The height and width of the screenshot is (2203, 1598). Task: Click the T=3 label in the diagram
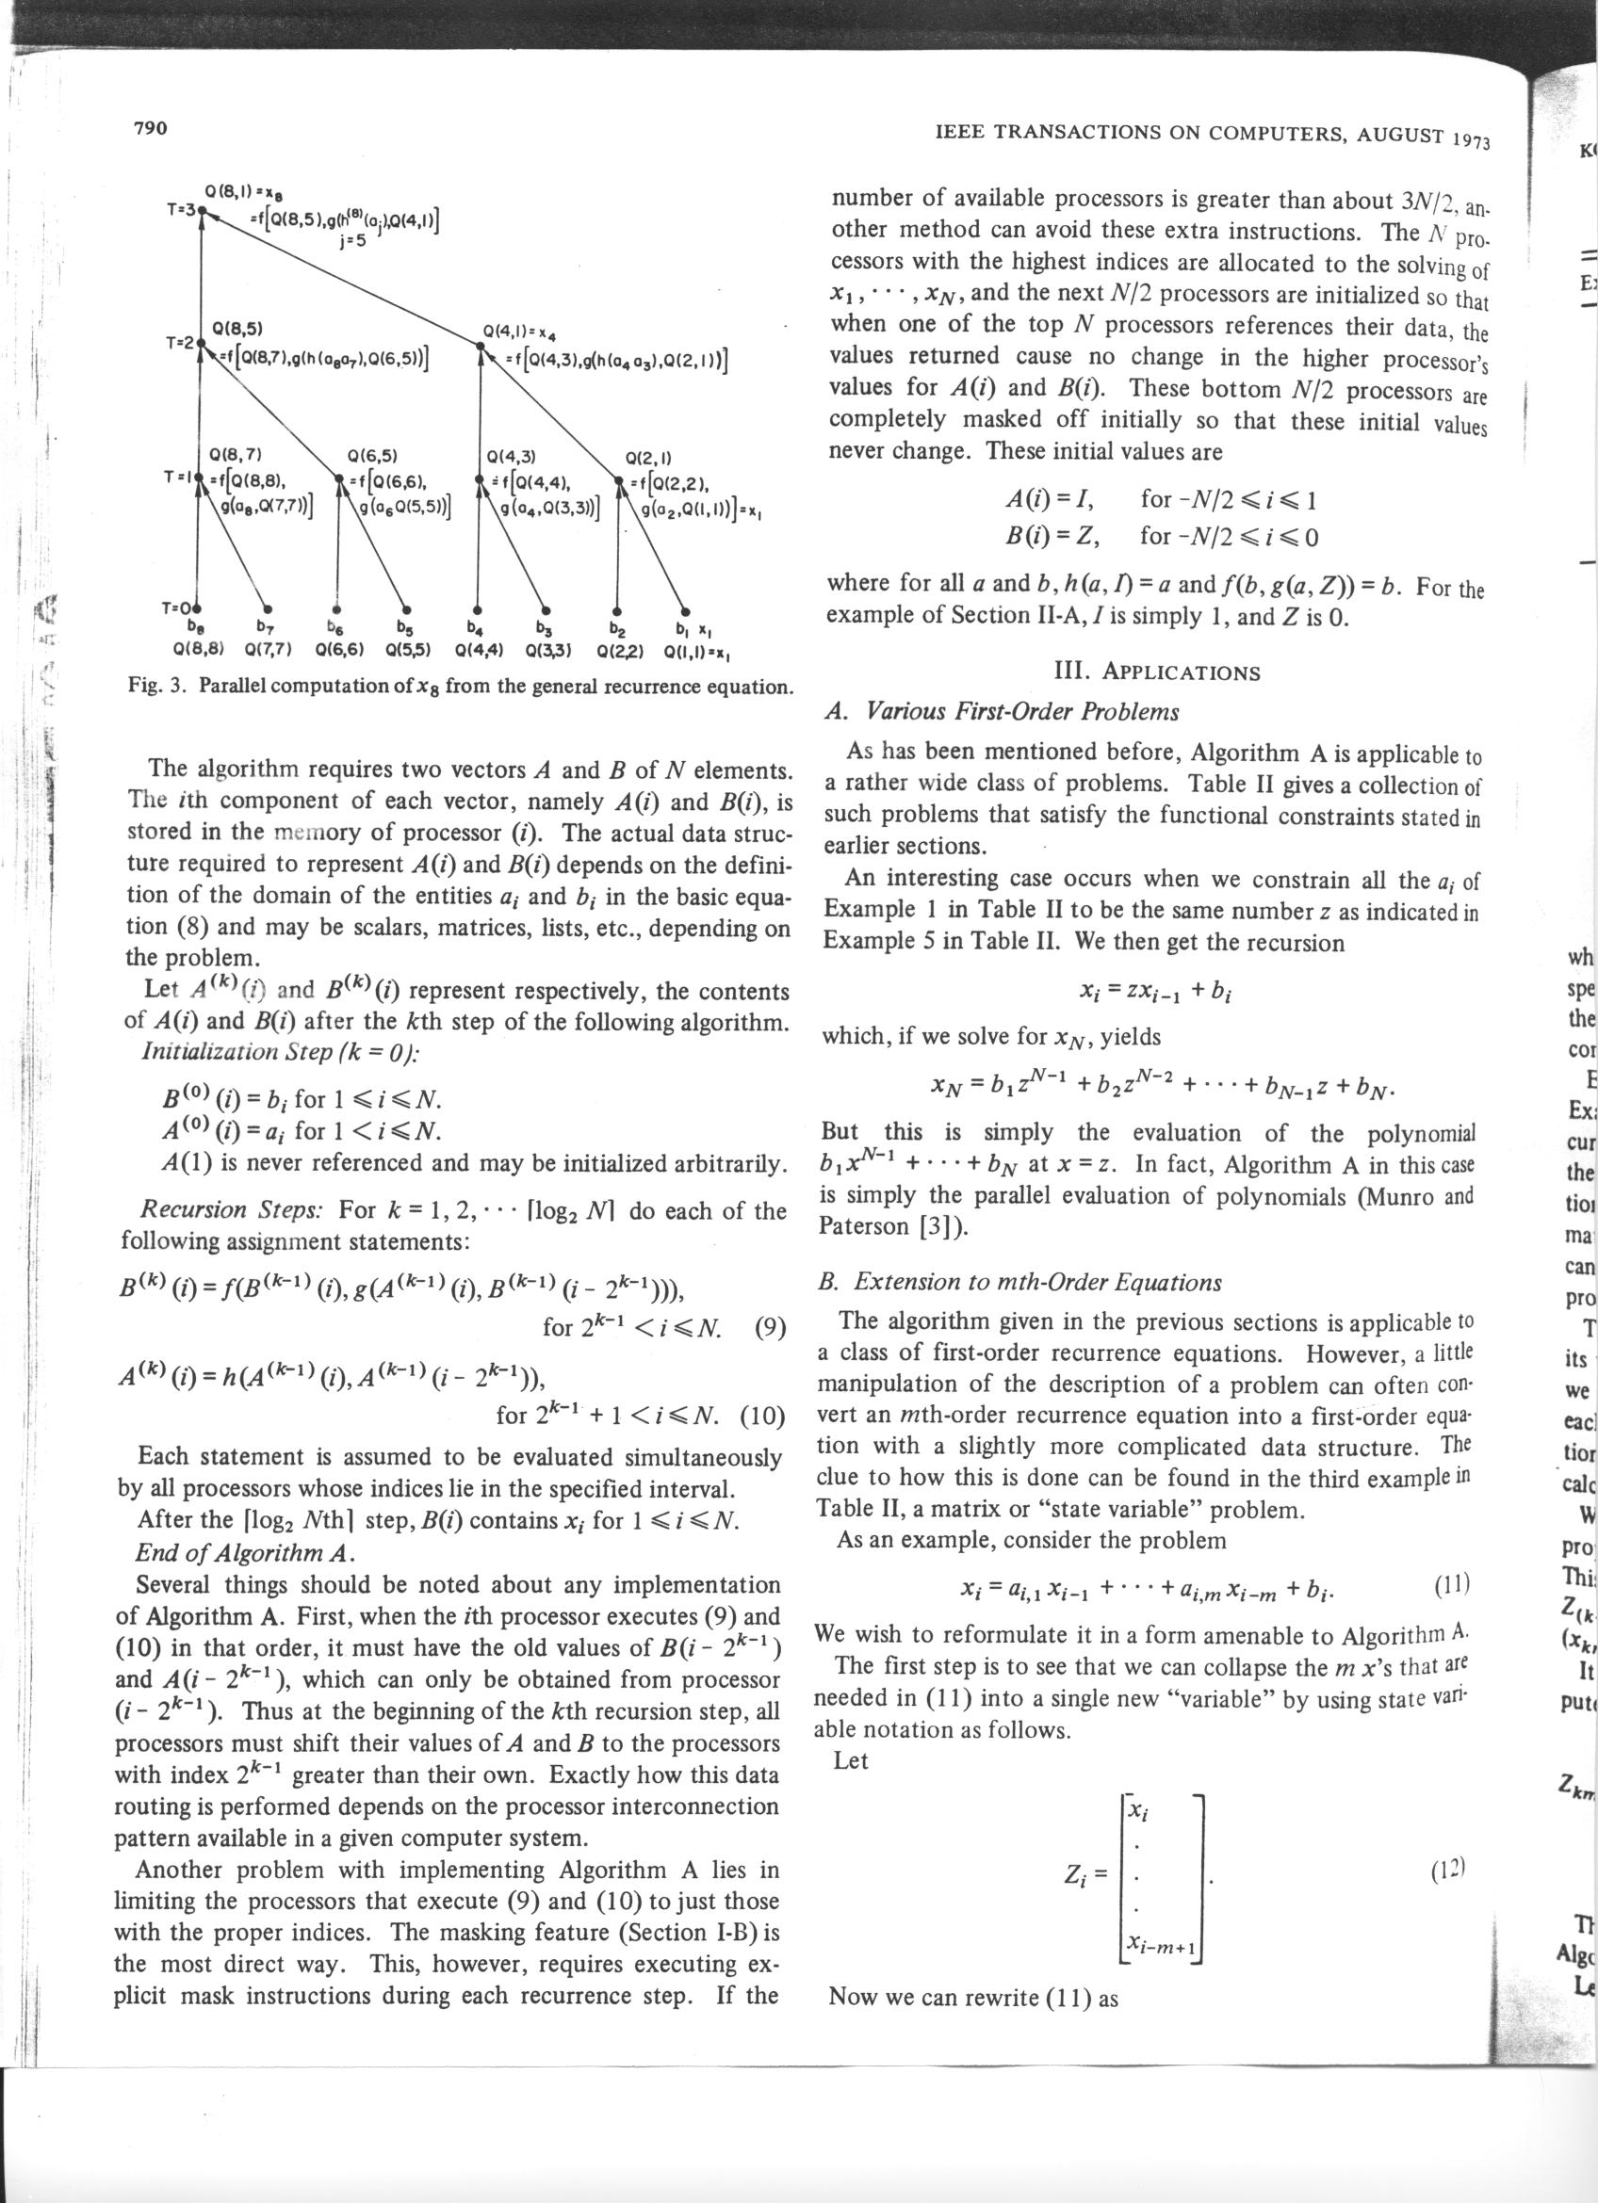181,209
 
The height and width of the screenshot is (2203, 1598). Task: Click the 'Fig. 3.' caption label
159,687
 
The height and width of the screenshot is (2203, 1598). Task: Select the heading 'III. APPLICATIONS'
1156,672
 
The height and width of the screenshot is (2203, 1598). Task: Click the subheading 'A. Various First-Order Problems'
1001,712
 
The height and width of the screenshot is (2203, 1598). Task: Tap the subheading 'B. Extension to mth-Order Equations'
1020,1281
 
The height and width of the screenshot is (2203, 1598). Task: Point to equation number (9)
769,1327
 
